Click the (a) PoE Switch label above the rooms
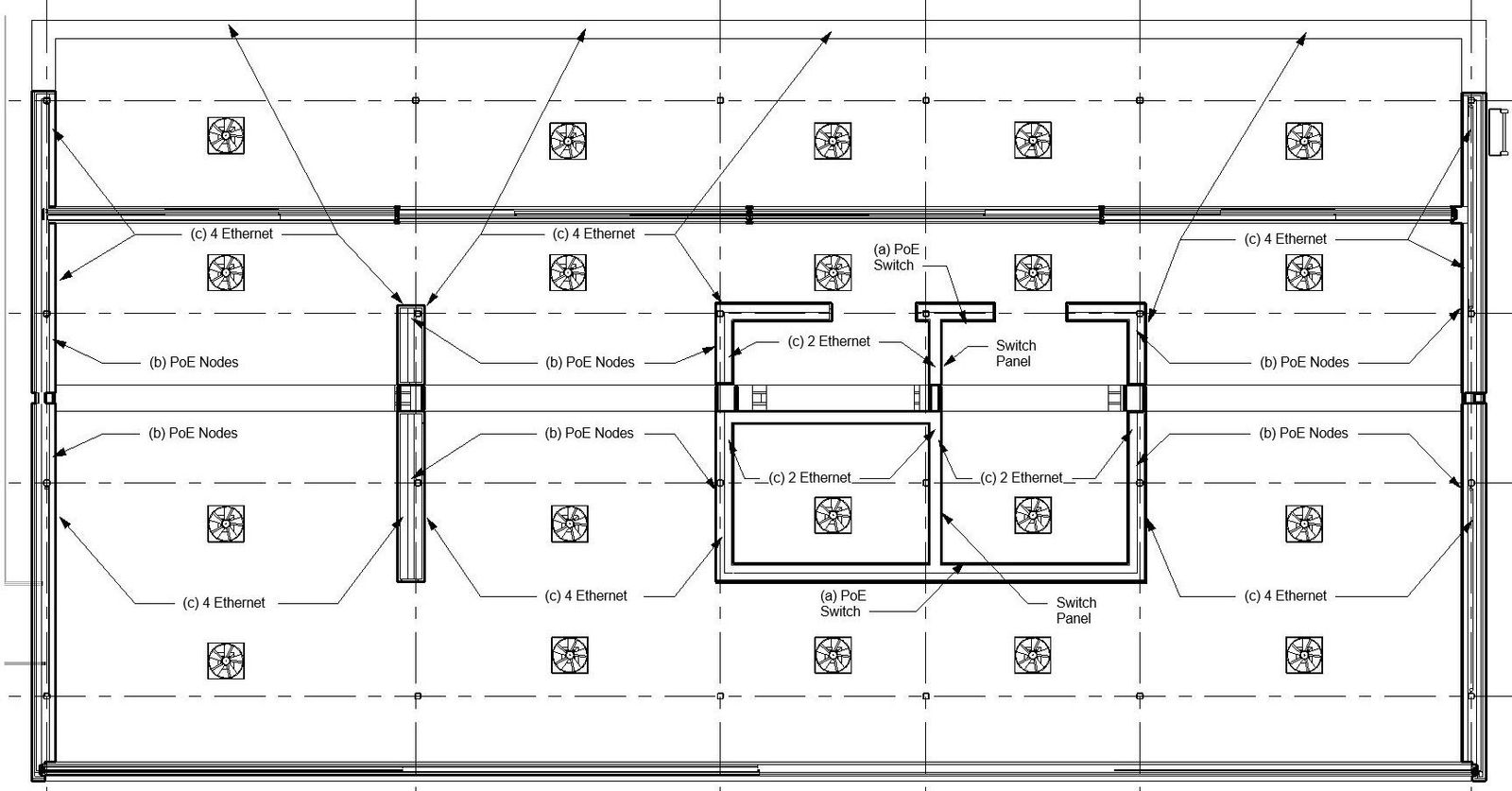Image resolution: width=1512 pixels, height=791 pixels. coord(894,257)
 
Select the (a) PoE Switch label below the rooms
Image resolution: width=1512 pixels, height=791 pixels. coord(841,603)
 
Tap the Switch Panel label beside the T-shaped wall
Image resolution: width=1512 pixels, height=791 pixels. coord(1015,353)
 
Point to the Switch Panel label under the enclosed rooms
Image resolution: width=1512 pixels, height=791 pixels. coord(1075,610)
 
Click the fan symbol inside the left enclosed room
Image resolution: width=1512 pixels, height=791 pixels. coord(833,516)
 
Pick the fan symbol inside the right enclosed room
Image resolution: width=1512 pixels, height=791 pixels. coord(1032,516)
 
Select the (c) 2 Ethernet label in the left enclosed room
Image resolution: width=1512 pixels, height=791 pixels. coord(810,477)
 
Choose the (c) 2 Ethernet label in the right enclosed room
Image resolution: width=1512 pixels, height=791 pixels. coord(1022,477)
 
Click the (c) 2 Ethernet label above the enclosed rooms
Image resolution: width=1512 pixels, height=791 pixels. coord(829,341)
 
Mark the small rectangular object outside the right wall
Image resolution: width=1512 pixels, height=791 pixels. coord(1499,131)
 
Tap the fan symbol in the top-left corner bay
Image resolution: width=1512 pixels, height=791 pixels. coord(226,136)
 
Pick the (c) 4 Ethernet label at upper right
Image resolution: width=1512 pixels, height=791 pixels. coord(1285,239)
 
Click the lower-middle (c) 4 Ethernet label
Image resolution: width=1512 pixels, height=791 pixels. coord(586,595)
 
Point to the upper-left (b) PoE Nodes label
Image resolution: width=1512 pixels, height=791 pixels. coord(194,362)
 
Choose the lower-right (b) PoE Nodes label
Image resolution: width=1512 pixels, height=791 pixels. coord(1304,433)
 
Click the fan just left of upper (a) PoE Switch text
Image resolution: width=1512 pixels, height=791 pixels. coord(833,272)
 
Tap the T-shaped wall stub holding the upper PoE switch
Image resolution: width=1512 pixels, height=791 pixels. coord(956,313)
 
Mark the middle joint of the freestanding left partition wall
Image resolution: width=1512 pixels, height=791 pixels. coord(410,397)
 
